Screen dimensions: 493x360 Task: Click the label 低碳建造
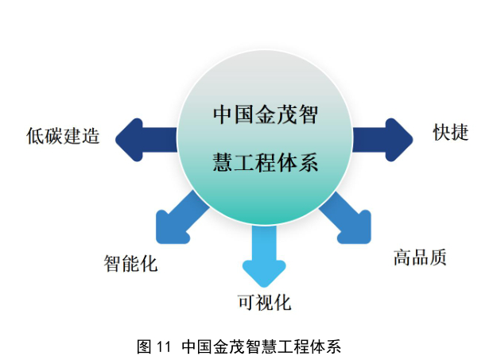click(x=63, y=136)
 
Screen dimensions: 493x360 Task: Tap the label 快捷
click(x=450, y=132)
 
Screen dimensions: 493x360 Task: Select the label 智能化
click(x=130, y=263)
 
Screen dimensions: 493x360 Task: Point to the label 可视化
click(x=264, y=303)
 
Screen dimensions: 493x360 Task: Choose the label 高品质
click(x=420, y=257)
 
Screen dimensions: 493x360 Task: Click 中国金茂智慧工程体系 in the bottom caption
click(x=261, y=346)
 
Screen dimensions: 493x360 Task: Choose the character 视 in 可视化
click(x=264, y=303)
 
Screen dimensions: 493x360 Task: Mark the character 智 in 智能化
click(x=112, y=263)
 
